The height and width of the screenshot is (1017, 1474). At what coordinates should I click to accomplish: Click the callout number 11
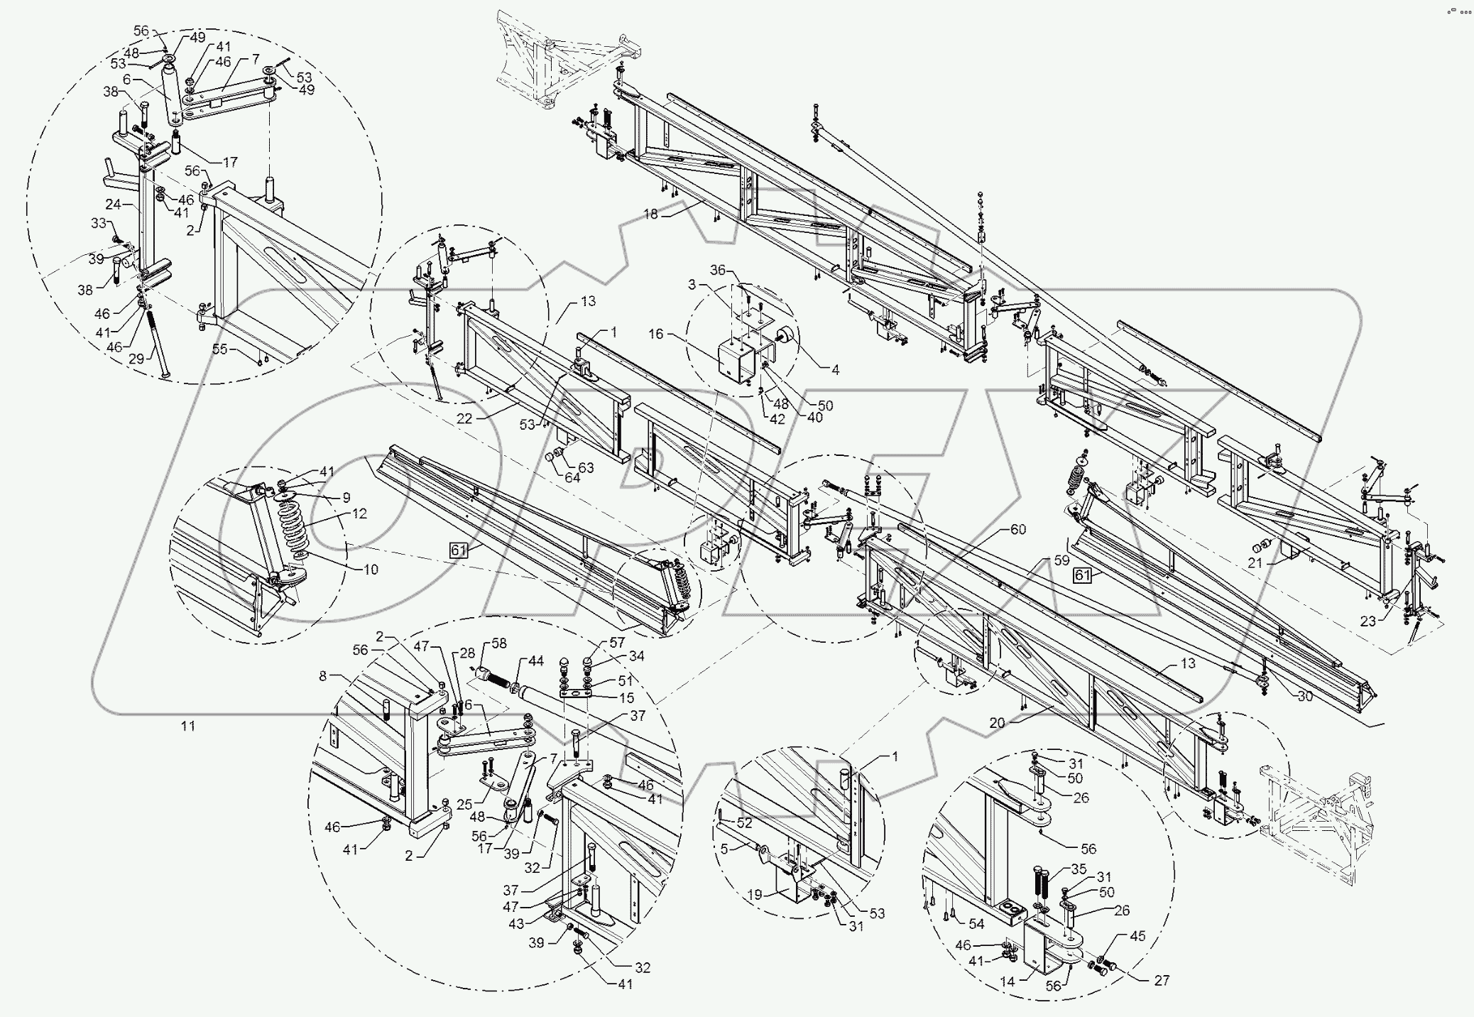point(187,726)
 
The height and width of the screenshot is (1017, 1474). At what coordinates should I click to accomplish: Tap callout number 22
point(464,419)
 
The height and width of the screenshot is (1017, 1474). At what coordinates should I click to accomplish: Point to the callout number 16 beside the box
point(655,334)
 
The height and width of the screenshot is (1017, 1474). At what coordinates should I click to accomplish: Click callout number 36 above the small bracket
point(718,270)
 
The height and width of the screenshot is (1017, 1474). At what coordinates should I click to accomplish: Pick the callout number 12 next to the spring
point(359,513)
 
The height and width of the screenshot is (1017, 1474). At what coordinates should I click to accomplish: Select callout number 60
point(1018,530)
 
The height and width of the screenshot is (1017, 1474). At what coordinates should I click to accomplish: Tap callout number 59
point(1061,560)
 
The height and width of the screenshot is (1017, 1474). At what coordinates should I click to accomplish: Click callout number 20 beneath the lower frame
point(997,723)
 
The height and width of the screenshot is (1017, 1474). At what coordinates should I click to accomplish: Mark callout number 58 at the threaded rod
point(499,643)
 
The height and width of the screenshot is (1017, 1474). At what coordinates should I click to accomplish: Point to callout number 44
point(536,660)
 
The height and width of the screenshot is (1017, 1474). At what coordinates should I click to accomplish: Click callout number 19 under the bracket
point(755,895)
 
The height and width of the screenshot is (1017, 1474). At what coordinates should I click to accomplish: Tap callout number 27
point(1161,980)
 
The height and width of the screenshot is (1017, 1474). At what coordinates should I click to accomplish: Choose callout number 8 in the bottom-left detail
point(323,676)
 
